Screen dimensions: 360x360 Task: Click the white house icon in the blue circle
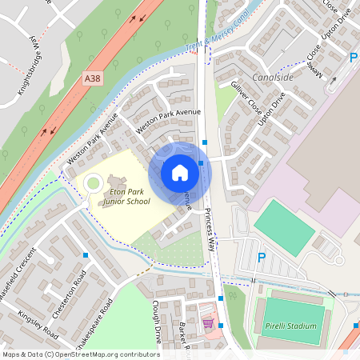(180, 173)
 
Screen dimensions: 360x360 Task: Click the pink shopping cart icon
(208, 323)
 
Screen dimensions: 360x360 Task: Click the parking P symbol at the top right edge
(353, 58)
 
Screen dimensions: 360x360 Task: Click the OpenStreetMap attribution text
(80, 354)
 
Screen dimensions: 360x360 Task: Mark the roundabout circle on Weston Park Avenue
(94, 183)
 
